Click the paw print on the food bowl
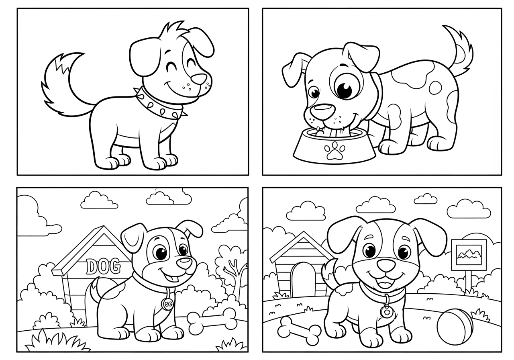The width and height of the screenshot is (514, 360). (x=335, y=150)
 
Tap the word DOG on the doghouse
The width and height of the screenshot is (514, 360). (x=103, y=266)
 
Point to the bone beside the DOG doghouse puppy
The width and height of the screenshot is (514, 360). (x=212, y=319)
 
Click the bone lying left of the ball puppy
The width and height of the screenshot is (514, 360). (x=299, y=331)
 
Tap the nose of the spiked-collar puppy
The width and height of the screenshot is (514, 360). (x=199, y=79)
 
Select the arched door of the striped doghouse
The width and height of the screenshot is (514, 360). (x=304, y=279)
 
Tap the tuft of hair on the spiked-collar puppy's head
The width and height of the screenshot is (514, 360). (x=173, y=31)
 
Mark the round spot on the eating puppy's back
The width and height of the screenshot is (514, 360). (x=435, y=88)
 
